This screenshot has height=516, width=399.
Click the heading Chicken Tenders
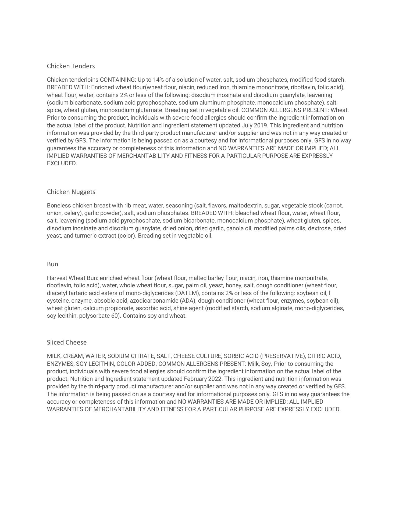click(71, 66)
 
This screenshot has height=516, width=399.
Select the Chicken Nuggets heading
click(71, 192)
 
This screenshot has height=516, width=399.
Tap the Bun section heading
click(52, 264)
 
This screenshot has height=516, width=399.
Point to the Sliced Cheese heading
click(67, 342)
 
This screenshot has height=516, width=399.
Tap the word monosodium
click(117, 110)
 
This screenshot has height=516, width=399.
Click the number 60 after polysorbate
click(114, 316)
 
